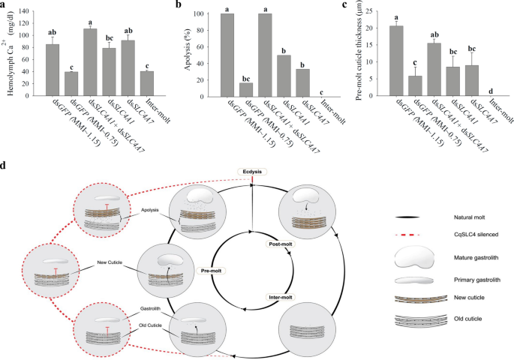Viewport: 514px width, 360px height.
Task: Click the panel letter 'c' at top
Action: coord(345,6)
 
